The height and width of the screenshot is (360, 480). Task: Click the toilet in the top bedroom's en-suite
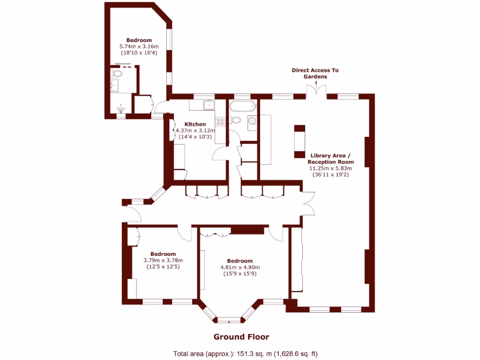118,74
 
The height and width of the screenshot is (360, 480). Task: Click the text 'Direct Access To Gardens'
315,73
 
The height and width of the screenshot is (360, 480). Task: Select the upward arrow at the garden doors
316,84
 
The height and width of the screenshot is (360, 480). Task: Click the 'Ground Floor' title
241,337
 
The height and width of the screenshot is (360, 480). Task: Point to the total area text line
248,353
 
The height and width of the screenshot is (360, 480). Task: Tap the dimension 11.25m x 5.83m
330,168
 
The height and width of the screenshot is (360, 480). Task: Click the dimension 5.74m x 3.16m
139,46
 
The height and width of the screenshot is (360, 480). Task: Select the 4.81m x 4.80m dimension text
240,267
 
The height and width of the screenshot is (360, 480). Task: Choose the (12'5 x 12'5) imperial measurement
163,266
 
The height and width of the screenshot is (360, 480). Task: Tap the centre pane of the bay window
229,321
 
